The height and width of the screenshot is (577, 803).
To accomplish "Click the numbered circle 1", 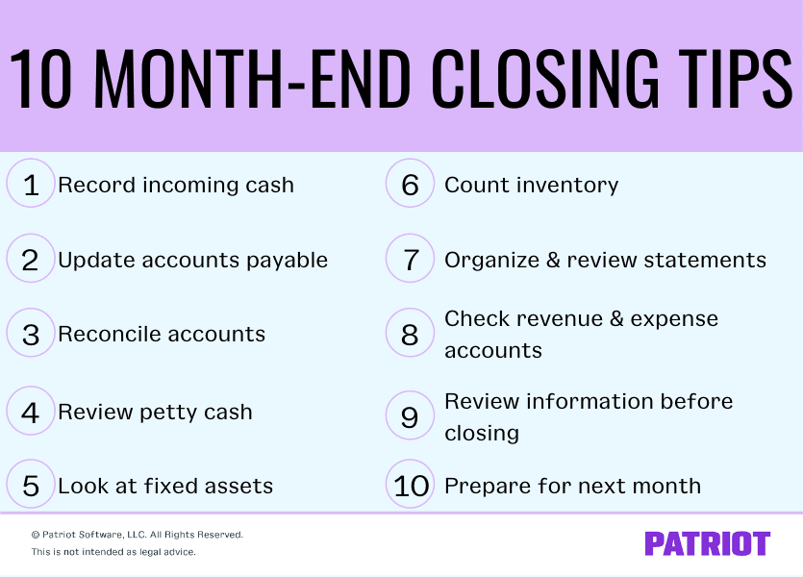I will pos(31,184).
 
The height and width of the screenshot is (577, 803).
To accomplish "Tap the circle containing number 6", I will pos(411,184).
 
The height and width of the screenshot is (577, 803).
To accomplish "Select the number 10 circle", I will pos(411,486).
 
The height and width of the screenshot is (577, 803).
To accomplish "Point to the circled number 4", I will pos(31,412).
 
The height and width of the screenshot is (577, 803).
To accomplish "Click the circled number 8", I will pos(411,334).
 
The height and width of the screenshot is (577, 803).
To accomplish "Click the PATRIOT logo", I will pos(707,543).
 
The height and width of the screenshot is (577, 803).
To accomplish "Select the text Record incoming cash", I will pos(176,185).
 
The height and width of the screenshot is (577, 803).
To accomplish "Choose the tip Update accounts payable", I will pos(192,260).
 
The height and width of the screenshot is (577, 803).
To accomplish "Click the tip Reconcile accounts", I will pos(162,335).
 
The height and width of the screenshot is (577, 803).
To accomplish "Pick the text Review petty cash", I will pos(155,413).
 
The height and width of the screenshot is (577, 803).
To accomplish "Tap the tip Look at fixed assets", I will pos(165,487).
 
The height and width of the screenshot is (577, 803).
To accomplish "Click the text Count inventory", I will pos(531,185).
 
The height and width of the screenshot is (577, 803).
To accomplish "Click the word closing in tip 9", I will pos(481,433).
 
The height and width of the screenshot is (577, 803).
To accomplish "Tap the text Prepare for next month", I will pos(572,487).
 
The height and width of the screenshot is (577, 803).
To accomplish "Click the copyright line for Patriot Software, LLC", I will pos(137,535).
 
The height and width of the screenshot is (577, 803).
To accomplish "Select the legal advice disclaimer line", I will pos(113,552).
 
